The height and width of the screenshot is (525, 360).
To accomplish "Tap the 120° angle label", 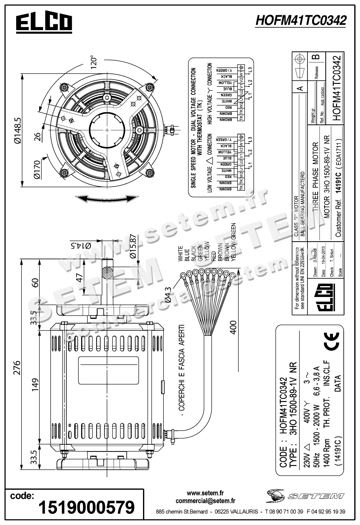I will [94, 62].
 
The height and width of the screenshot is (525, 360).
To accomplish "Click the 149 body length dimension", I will [35, 384].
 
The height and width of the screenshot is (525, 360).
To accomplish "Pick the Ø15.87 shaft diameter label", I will [133, 247].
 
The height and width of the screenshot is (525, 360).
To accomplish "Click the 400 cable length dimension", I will [233, 327].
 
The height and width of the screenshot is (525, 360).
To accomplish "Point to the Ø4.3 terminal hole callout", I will [168, 294].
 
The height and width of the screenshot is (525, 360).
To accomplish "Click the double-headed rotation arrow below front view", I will [107, 199].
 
